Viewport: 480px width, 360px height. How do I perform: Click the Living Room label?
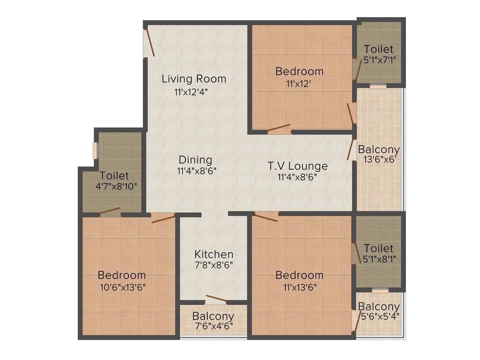click(x=194, y=79)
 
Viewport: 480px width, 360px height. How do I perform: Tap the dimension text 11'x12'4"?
click(x=194, y=92)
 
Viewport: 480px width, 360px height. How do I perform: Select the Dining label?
click(x=195, y=160)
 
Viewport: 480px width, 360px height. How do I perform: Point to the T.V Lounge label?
click(x=297, y=166)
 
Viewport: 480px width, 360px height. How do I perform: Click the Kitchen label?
click(x=214, y=254)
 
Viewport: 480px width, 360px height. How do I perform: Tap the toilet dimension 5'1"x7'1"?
click(x=379, y=60)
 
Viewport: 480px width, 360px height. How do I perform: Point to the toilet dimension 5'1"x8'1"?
click(x=379, y=259)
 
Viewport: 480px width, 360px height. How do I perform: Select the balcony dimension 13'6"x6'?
click(x=379, y=160)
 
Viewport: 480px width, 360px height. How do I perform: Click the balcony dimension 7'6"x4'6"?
click(x=213, y=326)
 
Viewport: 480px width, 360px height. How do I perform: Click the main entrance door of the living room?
click(x=150, y=43)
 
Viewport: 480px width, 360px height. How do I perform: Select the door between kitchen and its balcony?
click(x=216, y=300)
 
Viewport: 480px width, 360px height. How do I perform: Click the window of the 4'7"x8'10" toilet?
click(x=95, y=150)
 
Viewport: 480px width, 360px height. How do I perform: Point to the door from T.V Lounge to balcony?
click(x=351, y=149)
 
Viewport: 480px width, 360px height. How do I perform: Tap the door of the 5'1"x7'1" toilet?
click(x=358, y=70)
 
